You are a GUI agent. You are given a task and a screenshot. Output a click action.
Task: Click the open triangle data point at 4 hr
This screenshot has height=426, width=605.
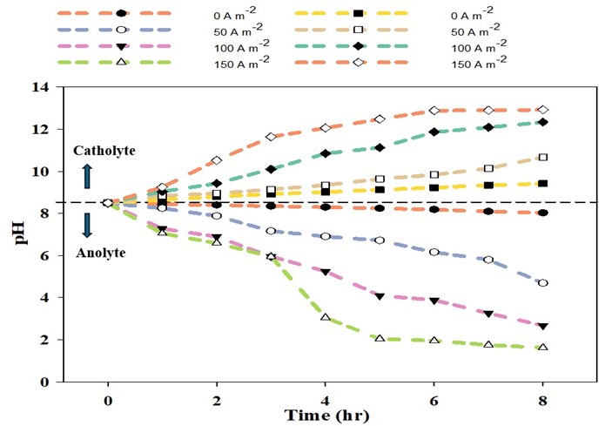325,317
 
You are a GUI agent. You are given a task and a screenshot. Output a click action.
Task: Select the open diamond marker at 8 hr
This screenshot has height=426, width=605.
543,110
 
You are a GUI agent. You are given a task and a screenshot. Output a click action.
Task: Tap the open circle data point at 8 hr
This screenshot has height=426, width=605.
543,283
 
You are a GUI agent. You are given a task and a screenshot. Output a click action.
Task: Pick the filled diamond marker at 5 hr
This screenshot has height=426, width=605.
380,147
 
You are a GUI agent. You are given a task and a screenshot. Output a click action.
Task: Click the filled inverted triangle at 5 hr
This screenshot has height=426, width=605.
380,296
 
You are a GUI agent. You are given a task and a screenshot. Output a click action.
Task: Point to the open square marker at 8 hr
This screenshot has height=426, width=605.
543,158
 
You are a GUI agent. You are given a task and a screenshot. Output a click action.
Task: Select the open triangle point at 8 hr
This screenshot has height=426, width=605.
543,347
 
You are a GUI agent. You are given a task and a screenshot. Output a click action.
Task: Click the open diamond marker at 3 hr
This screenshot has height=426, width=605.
271,137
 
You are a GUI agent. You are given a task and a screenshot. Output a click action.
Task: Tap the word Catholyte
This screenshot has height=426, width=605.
104,151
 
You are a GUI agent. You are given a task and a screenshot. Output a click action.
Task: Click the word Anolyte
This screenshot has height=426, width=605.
98,253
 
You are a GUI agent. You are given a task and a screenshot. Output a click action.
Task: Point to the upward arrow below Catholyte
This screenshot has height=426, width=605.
87,177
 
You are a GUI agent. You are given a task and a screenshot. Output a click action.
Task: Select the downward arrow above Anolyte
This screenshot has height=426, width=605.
87,226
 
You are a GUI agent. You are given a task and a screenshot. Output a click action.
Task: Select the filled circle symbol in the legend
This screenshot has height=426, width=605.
120,15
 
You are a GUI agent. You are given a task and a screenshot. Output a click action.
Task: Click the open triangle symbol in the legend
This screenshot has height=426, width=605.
120,62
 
